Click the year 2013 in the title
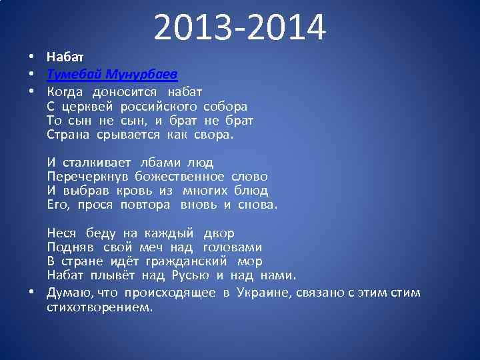click(x=194, y=28)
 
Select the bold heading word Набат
click(x=66, y=58)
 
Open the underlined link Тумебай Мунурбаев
click(x=112, y=73)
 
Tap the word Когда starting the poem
click(x=67, y=91)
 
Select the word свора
click(x=212, y=135)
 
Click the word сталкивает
click(x=98, y=163)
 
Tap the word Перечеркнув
click(x=88, y=177)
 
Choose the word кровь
click(x=135, y=191)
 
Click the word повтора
click(x=145, y=205)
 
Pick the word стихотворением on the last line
click(x=99, y=308)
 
